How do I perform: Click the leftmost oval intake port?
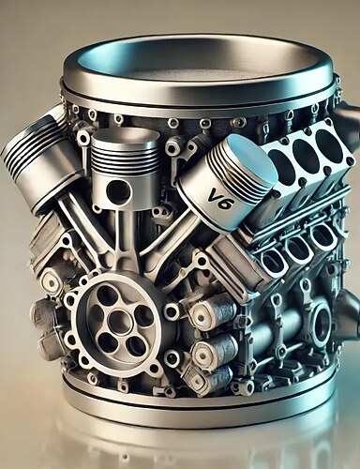272,265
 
